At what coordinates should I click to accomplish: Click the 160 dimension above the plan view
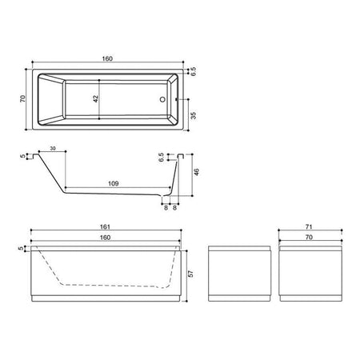click(x=107, y=58)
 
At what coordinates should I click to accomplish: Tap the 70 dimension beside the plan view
click(x=23, y=98)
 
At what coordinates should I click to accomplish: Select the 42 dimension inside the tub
click(x=96, y=98)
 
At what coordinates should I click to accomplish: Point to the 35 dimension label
click(x=194, y=115)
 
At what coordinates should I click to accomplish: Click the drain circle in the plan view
click(x=162, y=99)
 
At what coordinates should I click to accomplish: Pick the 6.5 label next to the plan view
click(x=194, y=71)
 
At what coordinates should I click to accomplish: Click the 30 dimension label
click(x=53, y=148)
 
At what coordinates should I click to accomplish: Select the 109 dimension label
click(x=114, y=183)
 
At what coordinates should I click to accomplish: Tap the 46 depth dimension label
click(x=197, y=172)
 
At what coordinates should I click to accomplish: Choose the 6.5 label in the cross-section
click(x=161, y=158)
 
